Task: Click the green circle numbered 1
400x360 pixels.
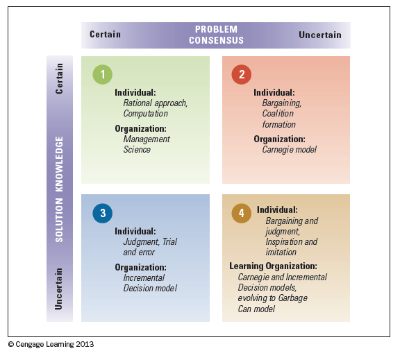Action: [103, 74]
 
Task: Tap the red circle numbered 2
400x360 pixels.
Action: [242, 74]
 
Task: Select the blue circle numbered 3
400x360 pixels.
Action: [103, 213]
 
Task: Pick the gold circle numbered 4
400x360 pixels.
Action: [242, 213]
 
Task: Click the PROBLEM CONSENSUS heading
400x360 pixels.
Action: [217, 35]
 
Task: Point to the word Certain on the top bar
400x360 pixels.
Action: [105, 35]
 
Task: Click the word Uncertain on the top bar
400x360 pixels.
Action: [320, 35]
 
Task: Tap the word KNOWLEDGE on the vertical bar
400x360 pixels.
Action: [59, 164]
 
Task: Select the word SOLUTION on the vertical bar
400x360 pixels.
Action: [59, 220]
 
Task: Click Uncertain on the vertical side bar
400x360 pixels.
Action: [58, 289]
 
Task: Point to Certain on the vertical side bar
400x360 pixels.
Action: [59, 78]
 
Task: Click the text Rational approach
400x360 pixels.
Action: [155, 103]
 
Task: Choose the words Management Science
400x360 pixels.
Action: [147, 144]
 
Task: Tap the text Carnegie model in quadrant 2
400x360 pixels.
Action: [290, 150]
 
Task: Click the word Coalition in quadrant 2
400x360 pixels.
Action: [278, 114]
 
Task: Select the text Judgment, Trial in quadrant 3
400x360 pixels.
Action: [150, 242]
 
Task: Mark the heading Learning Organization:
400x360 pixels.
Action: [273, 266]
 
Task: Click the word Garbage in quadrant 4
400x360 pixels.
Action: [292, 298]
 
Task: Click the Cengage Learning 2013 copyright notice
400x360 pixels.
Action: [51, 345]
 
